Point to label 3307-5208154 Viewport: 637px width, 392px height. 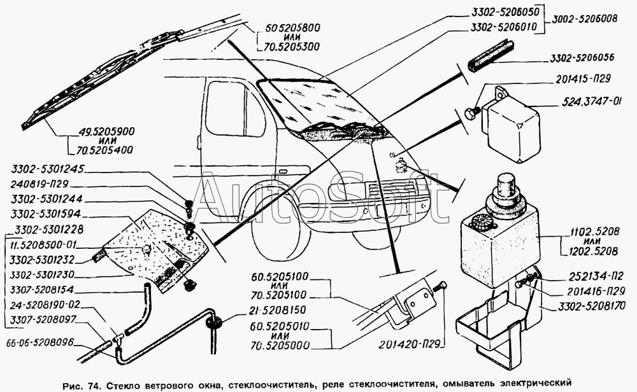point(42,289)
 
